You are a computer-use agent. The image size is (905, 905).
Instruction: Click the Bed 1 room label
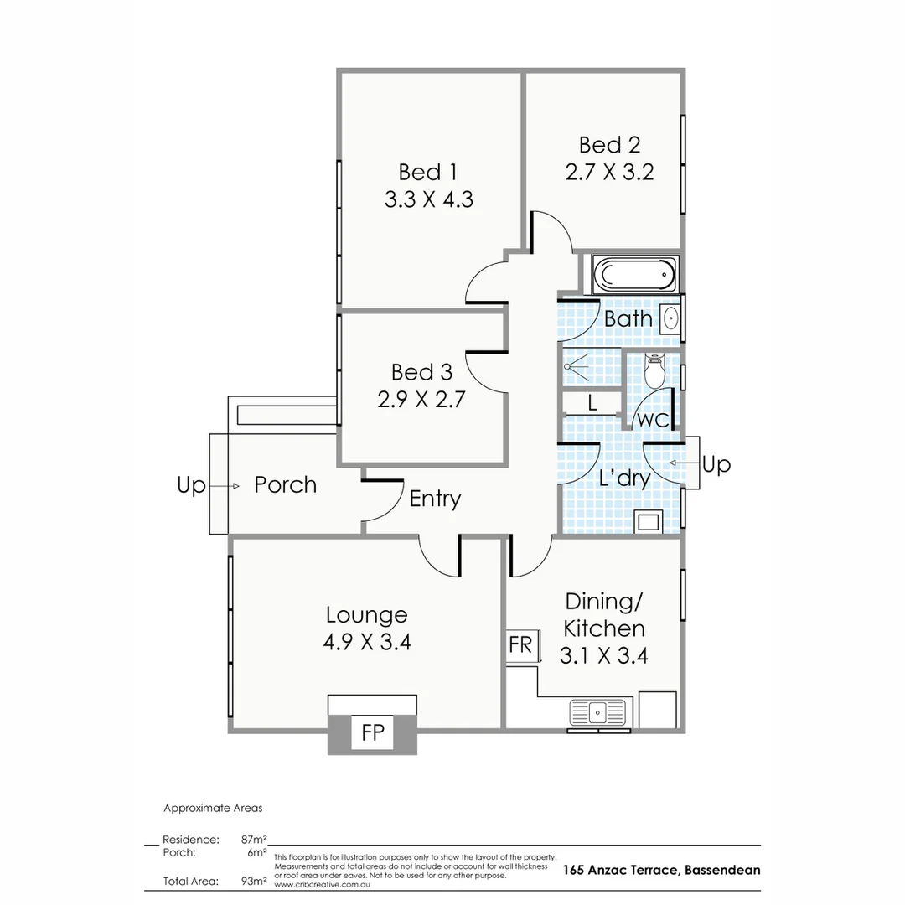427,173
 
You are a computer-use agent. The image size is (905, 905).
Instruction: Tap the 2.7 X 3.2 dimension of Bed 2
609,172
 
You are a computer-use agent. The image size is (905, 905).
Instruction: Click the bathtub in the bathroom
633,275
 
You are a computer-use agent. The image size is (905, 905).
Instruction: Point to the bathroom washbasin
671,318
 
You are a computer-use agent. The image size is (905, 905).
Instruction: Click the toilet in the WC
654,370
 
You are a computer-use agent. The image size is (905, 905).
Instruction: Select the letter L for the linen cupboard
592,402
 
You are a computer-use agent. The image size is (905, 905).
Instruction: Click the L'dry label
624,478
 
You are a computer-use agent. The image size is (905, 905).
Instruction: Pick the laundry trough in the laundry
648,522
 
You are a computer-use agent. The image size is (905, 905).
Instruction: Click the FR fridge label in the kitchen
520,644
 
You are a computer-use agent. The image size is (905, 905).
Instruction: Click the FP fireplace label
373,733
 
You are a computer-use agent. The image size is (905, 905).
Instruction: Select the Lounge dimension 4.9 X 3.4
366,642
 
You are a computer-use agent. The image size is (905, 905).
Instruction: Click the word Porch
285,485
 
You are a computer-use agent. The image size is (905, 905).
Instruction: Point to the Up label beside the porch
191,485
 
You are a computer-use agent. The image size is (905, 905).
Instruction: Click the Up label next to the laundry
716,464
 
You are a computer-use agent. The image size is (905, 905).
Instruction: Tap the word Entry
435,499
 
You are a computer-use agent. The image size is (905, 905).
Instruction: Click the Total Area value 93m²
254,881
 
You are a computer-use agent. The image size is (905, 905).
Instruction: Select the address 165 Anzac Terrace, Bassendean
661,870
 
